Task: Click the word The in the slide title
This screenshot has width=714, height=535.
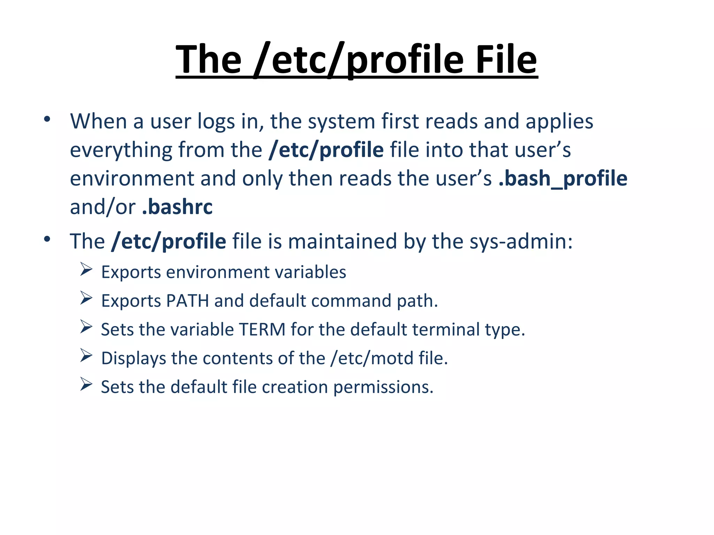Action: [x=208, y=60]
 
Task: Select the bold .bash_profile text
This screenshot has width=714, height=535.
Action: [x=563, y=178]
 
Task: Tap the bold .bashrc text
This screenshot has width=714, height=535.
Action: [x=177, y=207]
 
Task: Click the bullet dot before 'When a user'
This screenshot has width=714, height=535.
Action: [x=47, y=119]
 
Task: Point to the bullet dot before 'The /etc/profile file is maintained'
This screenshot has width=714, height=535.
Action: [x=47, y=239]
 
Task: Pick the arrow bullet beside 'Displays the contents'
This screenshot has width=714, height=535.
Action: [x=86, y=355]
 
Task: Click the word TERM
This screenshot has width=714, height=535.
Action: [x=262, y=329]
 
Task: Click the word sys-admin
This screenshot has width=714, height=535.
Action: [x=521, y=241]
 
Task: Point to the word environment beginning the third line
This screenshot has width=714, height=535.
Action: [x=132, y=178]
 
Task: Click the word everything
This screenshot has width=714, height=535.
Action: [x=121, y=150]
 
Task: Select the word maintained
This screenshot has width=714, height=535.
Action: [x=343, y=241]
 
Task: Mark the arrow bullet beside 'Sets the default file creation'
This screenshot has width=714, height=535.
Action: [x=86, y=384]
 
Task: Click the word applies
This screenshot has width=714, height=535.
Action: [x=559, y=122]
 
